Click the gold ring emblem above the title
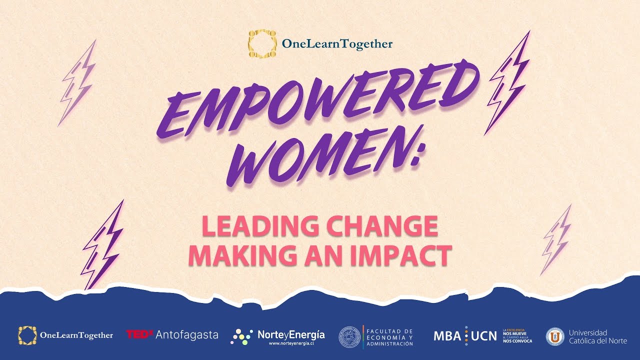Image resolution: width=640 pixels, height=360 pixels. (262, 43)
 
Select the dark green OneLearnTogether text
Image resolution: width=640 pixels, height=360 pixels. (337, 44)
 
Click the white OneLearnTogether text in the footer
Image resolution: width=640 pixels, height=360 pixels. (76, 335)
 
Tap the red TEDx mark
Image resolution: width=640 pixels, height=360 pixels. (139, 334)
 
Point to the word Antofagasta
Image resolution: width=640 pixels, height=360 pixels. (187, 334)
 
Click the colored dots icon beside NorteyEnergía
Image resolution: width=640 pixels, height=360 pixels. (241, 336)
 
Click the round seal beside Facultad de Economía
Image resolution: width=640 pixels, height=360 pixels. (349, 336)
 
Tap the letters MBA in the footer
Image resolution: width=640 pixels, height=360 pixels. (447, 335)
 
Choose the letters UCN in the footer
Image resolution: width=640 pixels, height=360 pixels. (484, 335)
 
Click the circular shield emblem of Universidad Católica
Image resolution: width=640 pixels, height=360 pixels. (554, 336)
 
